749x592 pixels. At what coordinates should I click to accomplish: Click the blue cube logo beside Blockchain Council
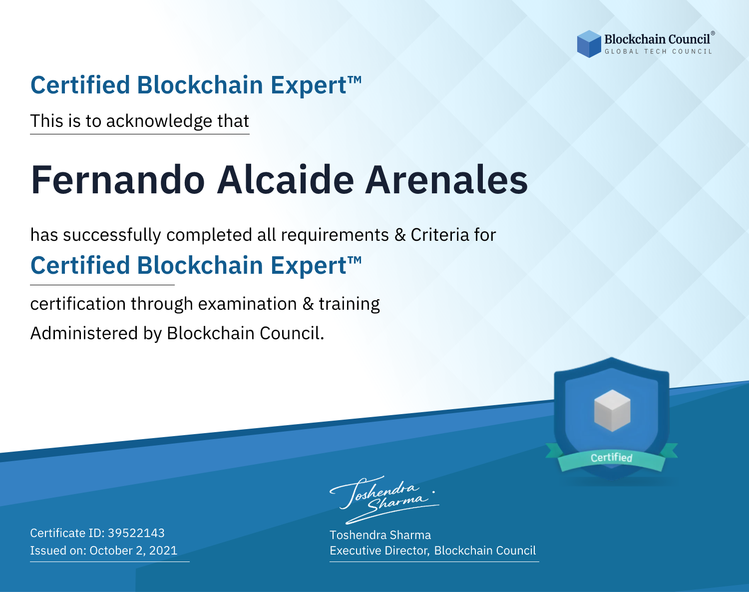pos(589,44)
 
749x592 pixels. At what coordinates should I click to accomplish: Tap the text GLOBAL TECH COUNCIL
pos(658,51)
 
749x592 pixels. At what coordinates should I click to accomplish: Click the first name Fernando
pos(118,180)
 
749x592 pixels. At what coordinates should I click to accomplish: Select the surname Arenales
pos(446,180)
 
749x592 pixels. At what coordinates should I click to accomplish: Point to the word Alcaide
pos(286,180)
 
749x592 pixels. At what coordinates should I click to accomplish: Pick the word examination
pos(248,304)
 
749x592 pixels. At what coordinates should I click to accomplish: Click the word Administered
pos(84,333)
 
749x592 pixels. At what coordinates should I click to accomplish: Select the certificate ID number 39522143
pos(136,533)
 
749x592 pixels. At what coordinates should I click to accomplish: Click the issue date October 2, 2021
pos(133,551)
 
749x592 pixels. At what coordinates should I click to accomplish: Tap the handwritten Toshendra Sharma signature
pos(384,500)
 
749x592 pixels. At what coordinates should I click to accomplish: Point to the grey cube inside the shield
pos(612,411)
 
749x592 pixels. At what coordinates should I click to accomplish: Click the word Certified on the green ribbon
pos(612,458)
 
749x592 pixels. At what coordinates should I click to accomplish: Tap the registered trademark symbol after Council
pos(713,33)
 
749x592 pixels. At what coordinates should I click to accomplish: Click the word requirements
pos(335,235)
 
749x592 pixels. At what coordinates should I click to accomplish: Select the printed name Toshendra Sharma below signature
pos(380,535)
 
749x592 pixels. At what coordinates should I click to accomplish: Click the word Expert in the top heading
pos(309,86)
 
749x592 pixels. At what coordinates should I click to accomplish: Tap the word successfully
pos(112,235)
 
